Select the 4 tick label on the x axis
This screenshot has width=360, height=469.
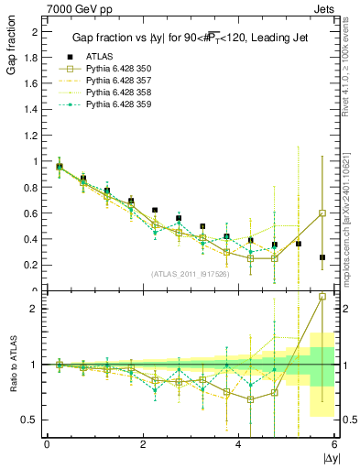pos(239,443)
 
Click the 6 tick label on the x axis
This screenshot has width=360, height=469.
pos(334,443)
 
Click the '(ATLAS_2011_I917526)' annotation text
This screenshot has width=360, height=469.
pos(190,274)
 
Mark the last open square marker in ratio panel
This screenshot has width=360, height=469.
pos(322,296)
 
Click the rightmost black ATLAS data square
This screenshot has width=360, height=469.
pos(322,257)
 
